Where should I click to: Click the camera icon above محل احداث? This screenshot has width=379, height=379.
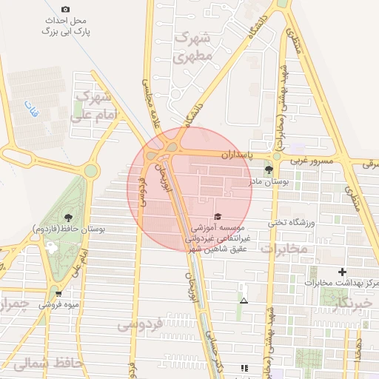65,10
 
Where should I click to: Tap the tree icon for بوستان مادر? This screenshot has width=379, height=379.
269,170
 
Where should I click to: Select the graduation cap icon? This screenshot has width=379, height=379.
218,216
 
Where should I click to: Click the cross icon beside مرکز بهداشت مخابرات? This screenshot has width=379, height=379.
341,272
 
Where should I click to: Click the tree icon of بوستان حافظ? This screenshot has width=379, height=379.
68,218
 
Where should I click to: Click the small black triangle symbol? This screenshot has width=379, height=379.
244,301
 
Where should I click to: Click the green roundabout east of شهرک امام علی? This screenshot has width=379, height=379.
90,171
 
